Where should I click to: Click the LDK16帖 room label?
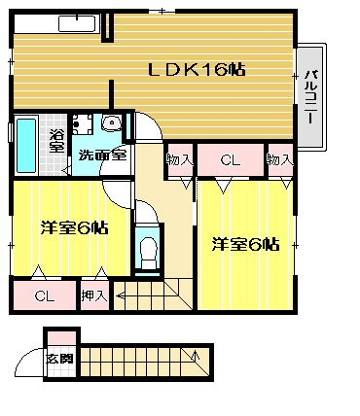pos(197,69)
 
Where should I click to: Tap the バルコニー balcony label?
pos(310,96)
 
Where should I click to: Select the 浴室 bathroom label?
pos(56,141)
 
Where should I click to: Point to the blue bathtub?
pos(26,145)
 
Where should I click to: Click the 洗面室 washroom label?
pos(102,156)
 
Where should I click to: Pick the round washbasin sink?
pos(111,122)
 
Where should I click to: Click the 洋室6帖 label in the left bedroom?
pos(74,228)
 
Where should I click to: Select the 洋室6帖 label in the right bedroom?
pos(245,244)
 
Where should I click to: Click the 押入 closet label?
pos(94,295)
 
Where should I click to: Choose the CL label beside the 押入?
pos(45,295)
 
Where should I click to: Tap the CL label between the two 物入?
pos(230,160)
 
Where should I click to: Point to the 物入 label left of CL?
pos(180,159)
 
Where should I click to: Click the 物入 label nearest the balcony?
pos(280,159)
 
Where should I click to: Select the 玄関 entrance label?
pos(59,359)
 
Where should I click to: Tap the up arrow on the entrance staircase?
pos(196,355)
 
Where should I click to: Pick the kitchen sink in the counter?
pos(77,24)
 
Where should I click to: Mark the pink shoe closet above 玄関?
pos(62,338)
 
